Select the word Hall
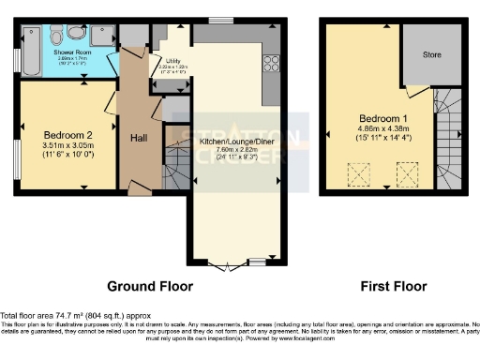(x=139, y=139)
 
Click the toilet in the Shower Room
(x=59, y=37)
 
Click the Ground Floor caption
(x=149, y=286)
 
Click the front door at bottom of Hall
(x=138, y=190)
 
